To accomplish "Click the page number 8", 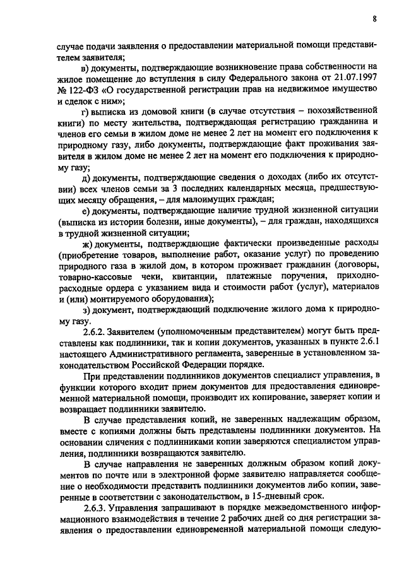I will coord(374,19).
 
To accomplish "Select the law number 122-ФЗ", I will coord(80,90).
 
